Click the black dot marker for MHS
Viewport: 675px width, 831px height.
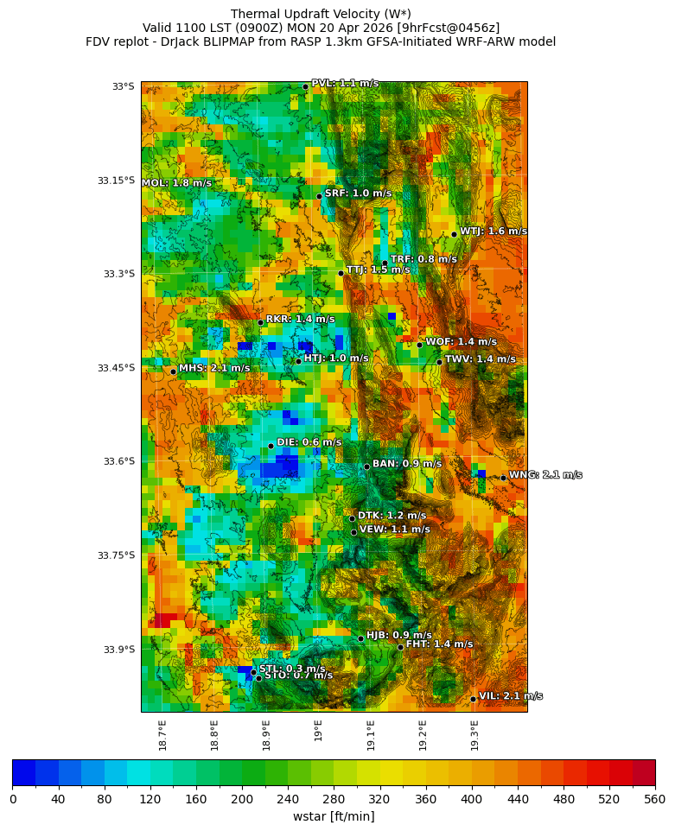coord(173,371)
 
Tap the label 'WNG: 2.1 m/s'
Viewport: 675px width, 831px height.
coord(544,475)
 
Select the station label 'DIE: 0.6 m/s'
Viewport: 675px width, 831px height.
coord(309,442)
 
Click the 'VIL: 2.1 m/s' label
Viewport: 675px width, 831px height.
coord(510,696)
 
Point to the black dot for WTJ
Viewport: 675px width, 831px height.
coord(454,234)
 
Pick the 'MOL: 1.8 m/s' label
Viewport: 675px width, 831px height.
coord(176,183)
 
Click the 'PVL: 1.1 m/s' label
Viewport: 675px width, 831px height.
coord(344,84)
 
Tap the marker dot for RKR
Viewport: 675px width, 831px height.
coord(260,322)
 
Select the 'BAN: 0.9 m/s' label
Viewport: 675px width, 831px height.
coord(406,464)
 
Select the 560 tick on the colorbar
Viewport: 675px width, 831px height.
coord(654,800)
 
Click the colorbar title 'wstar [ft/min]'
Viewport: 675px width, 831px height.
coord(334,816)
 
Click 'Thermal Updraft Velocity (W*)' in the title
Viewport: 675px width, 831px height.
coord(321,14)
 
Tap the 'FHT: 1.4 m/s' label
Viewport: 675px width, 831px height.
coord(439,644)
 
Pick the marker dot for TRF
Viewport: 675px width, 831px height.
coord(385,263)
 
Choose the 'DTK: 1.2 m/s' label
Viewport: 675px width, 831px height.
coord(392,516)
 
